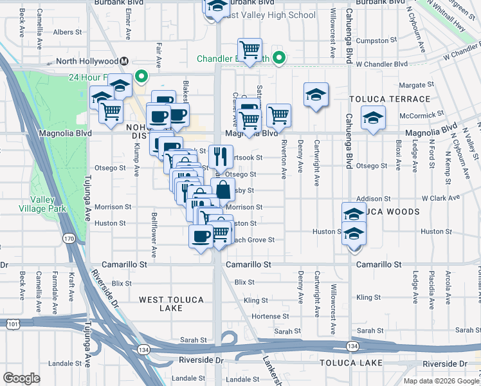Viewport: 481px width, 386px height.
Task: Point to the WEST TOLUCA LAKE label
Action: coord(171,304)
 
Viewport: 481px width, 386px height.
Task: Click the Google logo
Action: coord(22,378)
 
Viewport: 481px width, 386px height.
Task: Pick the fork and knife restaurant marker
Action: coord(220,156)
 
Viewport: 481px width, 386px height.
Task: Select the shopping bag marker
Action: coord(222,190)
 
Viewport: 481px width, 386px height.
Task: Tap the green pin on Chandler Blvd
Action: coord(278,59)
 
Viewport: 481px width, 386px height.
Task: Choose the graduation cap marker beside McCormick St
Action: coord(372,118)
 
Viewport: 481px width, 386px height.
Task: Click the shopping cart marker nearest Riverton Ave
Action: coord(278,115)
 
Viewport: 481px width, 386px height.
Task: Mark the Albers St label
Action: coord(68,32)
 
